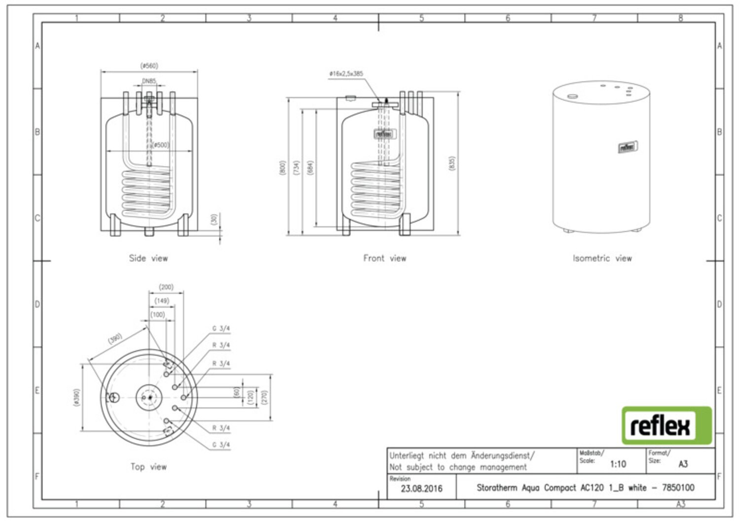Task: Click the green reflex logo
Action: (x=666, y=425)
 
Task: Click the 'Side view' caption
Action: (x=148, y=258)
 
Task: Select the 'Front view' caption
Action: (x=385, y=258)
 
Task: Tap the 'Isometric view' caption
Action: (x=602, y=258)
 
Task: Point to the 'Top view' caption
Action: (x=148, y=467)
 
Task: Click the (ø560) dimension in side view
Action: (x=149, y=66)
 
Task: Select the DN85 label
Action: (x=149, y=81)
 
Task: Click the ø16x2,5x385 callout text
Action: (x=346, y=74)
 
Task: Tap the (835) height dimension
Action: (x=452, y=164)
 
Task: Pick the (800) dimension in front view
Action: (x=282, y=168)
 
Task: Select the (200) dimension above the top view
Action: (x=166, y=287)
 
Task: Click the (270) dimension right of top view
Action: (x=264, y=397)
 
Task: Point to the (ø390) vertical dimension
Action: (x=76, y=397)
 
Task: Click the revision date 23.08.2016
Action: (x=421, y=488)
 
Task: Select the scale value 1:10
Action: (x=618, y=464)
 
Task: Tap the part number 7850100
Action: (x=678, y=487)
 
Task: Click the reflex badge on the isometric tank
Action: (x=628, y=147)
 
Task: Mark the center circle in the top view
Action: (x=148, y=397)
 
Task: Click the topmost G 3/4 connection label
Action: (x=221, y=329)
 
